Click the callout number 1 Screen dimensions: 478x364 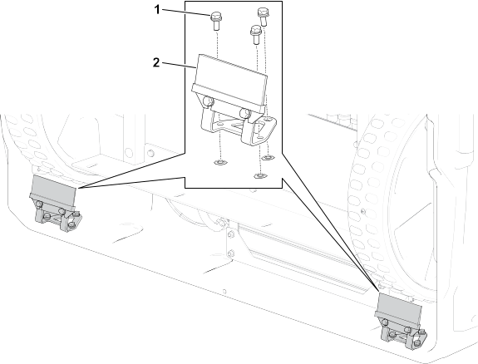pos(157,10)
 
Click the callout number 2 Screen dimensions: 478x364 pos(156,63)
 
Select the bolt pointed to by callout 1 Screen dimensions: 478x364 pos(216,21)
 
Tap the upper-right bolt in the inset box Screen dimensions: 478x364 pos(263,17)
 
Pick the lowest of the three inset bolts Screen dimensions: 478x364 pos(256,35)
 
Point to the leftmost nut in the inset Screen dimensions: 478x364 pos(219,162)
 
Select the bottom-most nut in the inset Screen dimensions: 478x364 pos(259,175)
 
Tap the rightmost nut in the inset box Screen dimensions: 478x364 pos(268,157)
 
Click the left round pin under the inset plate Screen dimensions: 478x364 pos(208,101)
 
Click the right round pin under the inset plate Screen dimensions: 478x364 pos(245,113)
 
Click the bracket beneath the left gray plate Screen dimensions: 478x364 pos(58,217)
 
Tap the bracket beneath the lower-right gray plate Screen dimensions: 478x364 pos(402,334)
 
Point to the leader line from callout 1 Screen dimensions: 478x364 pos(186,12)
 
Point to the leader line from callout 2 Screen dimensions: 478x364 pos(179,65)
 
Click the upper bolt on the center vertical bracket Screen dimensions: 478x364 pos(231,234)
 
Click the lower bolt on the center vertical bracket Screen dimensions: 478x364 pos(231,253)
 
